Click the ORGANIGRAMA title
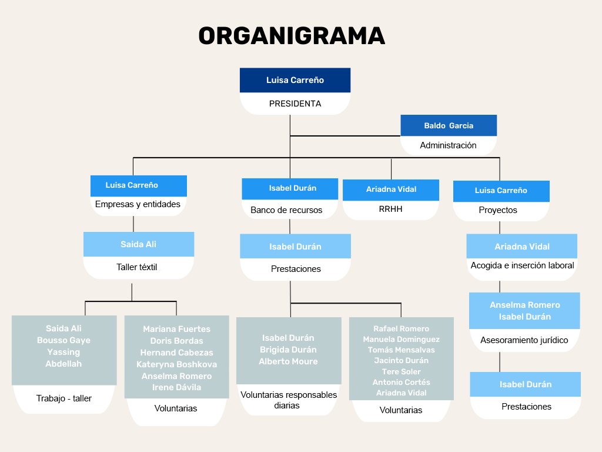(292, 36)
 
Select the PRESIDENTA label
(295, 104)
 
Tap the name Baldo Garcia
(449, 125)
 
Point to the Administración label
(448, 145)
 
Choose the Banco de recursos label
(286, 210)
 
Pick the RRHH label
(391, 208)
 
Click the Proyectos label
(498, 210)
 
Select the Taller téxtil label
(137, 267)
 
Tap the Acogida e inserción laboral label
(522, 265)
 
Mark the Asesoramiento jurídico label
(524, 340)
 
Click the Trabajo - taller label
(64, 398)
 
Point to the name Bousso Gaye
(63, 340)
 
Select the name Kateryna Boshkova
(176, 364)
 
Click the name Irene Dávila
(176, 387)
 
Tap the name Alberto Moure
(288, 361)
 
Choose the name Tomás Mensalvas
(401, 350)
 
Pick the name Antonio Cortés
(401, 382)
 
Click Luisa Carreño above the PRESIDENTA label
(295, 80)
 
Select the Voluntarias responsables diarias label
(289, 400)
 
